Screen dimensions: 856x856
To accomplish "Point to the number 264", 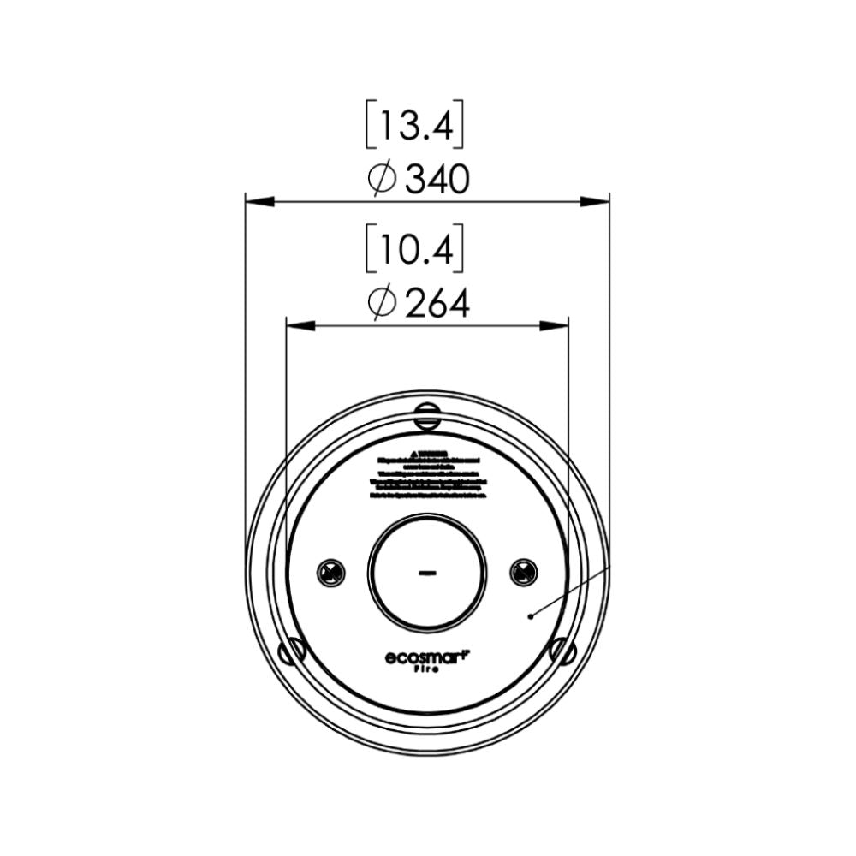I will [x=437, y=303].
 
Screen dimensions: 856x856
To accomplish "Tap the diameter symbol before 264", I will [x=381, y=303].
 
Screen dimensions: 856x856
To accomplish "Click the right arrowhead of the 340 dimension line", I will [x=595, y=202].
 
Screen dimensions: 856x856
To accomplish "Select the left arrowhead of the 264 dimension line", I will [x=300, y=325].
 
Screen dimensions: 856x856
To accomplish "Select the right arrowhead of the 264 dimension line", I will [x=555, y=325].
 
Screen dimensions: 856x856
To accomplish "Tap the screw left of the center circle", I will [x=330, y=572].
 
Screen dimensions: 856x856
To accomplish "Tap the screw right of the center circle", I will [x=523, y=572].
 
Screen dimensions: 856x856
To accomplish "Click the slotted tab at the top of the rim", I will [x=426, y=416].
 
